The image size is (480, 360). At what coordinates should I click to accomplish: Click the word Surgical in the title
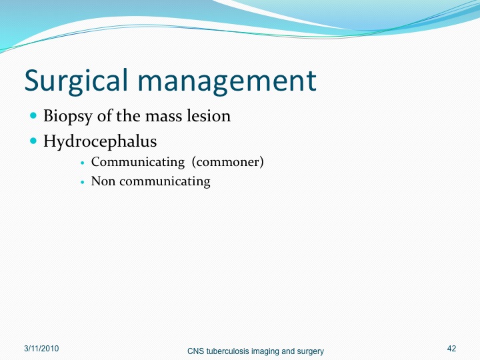75,81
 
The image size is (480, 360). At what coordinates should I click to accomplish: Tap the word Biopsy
67,117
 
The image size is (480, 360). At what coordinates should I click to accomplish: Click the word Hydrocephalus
100,141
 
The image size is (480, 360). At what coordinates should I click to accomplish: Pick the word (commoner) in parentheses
228,162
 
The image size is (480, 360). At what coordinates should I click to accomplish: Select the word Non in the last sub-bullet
103,181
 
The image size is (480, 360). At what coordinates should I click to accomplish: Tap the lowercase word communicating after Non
165,182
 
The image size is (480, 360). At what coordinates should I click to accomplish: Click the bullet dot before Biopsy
33,116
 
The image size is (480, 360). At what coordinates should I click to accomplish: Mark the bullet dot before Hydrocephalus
33,141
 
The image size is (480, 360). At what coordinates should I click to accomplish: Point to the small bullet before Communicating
82,163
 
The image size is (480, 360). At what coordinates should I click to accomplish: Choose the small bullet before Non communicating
82,182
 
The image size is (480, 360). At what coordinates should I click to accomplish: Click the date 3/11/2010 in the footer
41,349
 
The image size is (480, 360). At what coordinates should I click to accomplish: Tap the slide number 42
451,349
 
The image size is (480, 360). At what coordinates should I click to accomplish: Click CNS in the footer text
195,351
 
